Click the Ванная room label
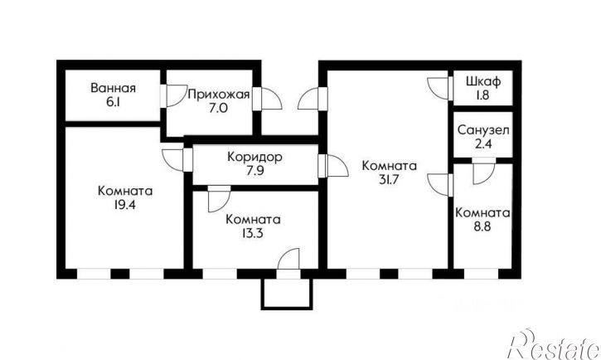(x=113, y=88)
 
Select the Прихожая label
(x=218, y=95)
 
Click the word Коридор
(x=254, y=157)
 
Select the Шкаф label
(x=482, y=81)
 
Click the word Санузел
(x=482, y=131)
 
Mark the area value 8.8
(x=482, y=226)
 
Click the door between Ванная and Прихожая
(x=174, y=95)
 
